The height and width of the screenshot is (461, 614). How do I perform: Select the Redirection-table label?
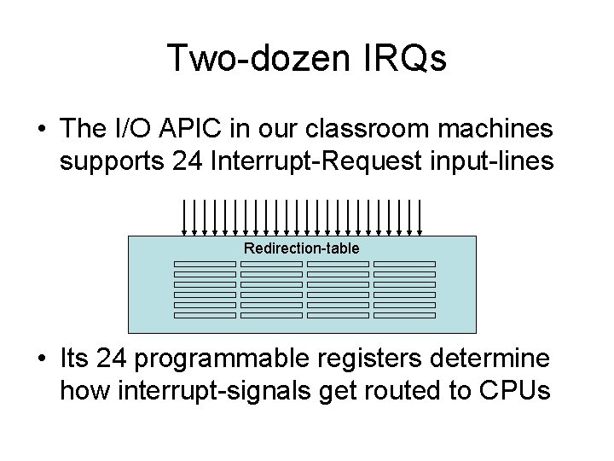click(x=302, y=248)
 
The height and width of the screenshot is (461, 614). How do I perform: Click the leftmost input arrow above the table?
click(x=185, y=217)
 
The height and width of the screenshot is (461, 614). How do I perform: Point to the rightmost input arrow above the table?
click(x=421, y=217)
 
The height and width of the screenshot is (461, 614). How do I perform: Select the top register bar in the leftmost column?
click(x=205, y=265)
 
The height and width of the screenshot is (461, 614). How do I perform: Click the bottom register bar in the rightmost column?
click(x=404, y=316)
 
